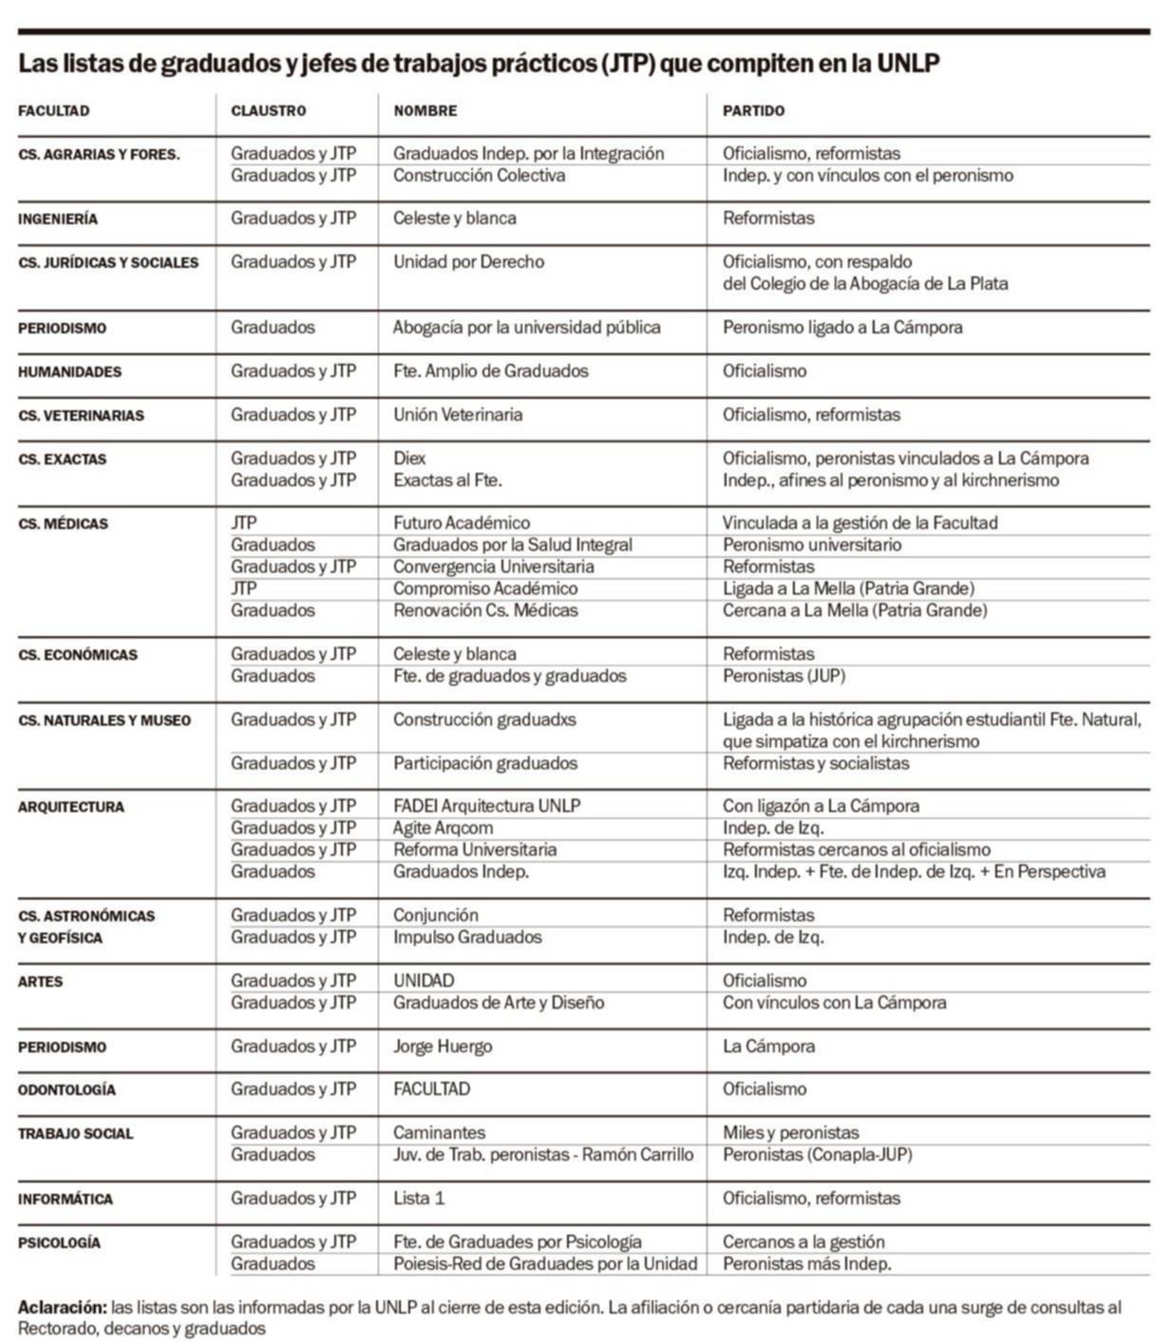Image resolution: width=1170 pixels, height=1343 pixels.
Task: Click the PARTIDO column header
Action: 753,111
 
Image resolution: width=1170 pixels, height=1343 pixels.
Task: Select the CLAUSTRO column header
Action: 268,111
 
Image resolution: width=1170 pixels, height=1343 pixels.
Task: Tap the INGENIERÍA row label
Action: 57,219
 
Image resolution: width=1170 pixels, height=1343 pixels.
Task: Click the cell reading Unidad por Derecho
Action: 468,262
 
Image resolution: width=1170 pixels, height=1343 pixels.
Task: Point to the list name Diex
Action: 409,459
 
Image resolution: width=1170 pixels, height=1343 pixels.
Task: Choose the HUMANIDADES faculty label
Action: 69,372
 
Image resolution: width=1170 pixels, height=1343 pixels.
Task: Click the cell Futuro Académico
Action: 462,523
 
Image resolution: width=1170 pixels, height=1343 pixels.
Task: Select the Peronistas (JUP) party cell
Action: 783,676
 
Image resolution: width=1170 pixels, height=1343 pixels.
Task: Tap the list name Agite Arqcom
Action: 443,828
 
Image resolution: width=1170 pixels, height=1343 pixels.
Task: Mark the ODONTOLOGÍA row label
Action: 66,1090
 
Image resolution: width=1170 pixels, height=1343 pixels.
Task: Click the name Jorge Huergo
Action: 443,1047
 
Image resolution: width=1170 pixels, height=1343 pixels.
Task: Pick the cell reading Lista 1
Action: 419,1199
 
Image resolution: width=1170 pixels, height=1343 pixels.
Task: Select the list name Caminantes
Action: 439,1133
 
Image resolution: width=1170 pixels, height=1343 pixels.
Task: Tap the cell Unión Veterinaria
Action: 458,415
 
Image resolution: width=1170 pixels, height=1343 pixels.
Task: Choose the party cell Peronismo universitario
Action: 812,545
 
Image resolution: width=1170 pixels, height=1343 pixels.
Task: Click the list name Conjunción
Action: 436,916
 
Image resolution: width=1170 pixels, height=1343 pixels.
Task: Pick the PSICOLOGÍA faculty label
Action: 59,1243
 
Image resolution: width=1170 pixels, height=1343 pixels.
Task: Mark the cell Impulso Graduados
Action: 467,937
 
